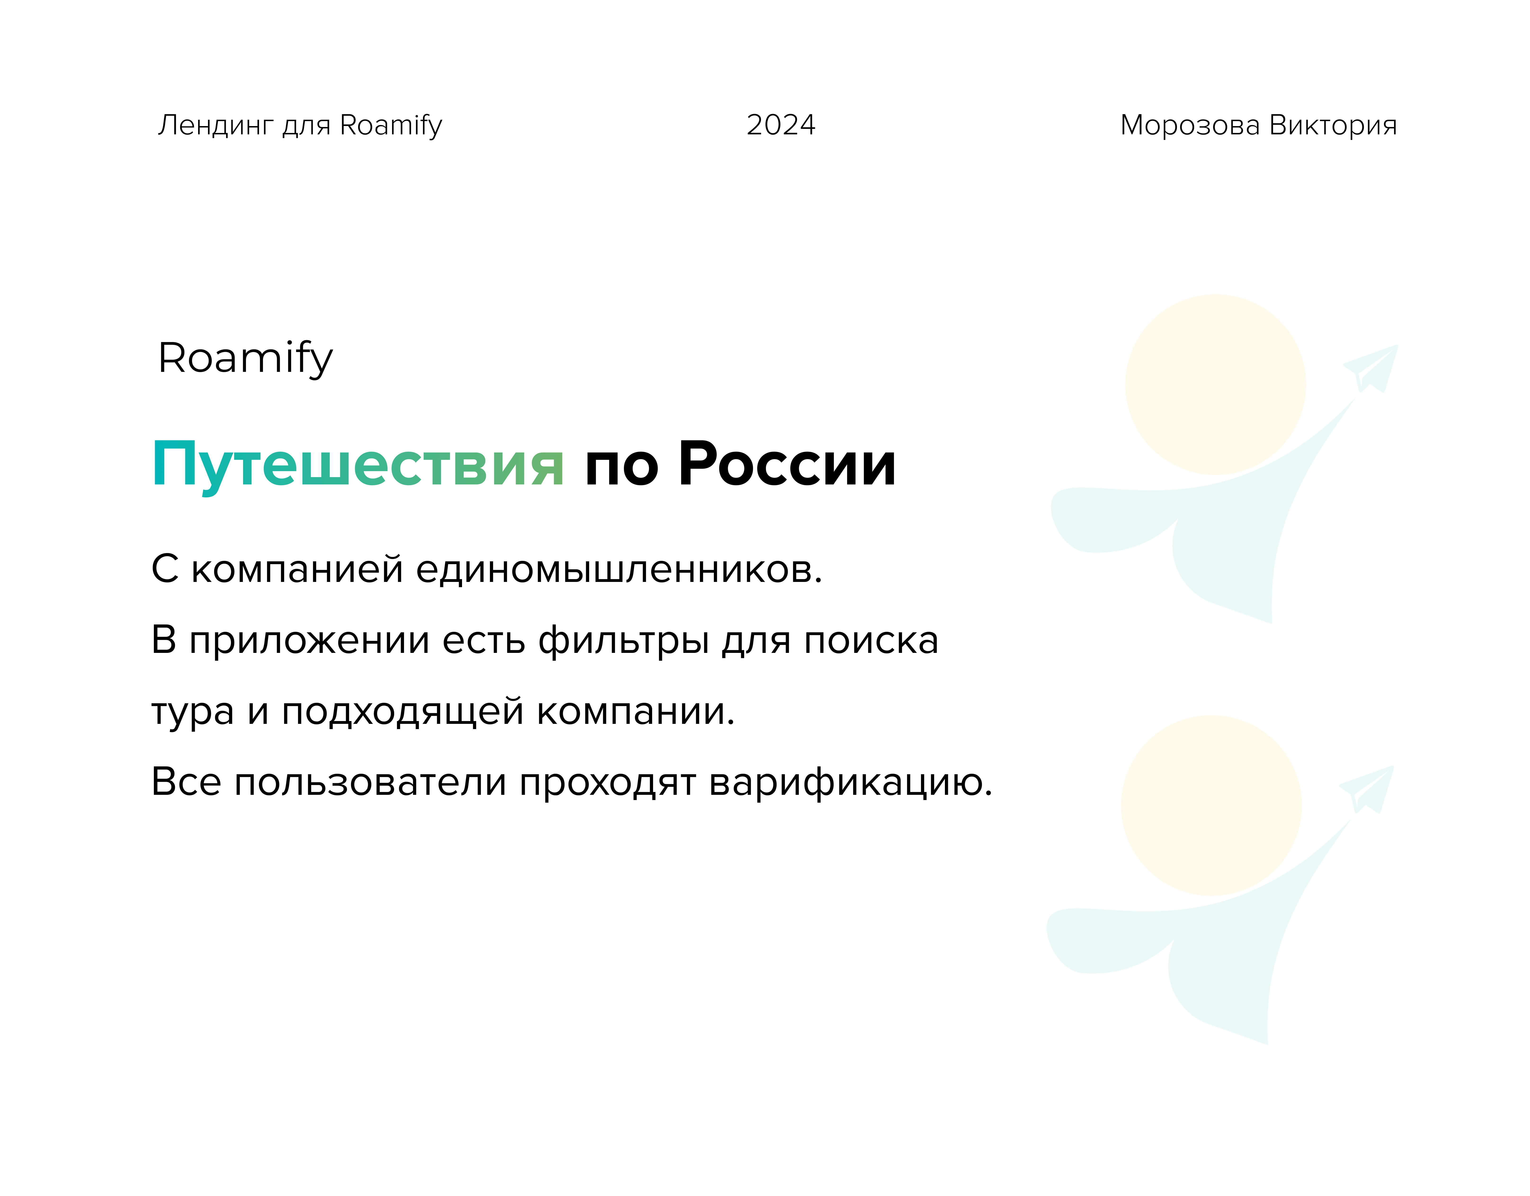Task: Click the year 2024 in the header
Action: coord(780,125)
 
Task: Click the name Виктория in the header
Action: coord(1333,125)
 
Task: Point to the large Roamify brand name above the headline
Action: coord(245,359)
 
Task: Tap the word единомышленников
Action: coord(618,569)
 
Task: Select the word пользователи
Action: coord(370,782)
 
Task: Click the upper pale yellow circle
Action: coord(1215,384)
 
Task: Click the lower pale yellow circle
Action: coord(1211,805)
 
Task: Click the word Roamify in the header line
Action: coord(391,125)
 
